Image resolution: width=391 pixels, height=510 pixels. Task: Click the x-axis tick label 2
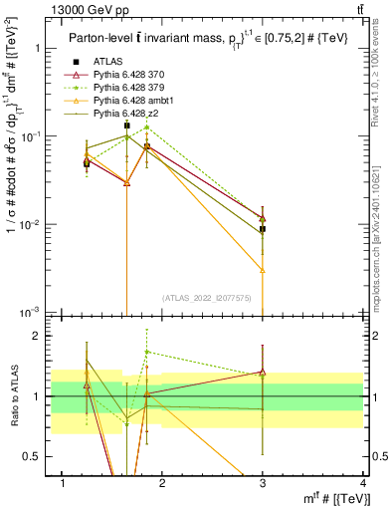162,483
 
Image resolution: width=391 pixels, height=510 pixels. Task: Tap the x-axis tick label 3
263,483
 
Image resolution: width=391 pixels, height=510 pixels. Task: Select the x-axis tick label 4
363,483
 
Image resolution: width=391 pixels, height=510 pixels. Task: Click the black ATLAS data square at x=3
263,229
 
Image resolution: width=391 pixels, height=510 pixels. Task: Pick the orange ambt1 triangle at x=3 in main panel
263,270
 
